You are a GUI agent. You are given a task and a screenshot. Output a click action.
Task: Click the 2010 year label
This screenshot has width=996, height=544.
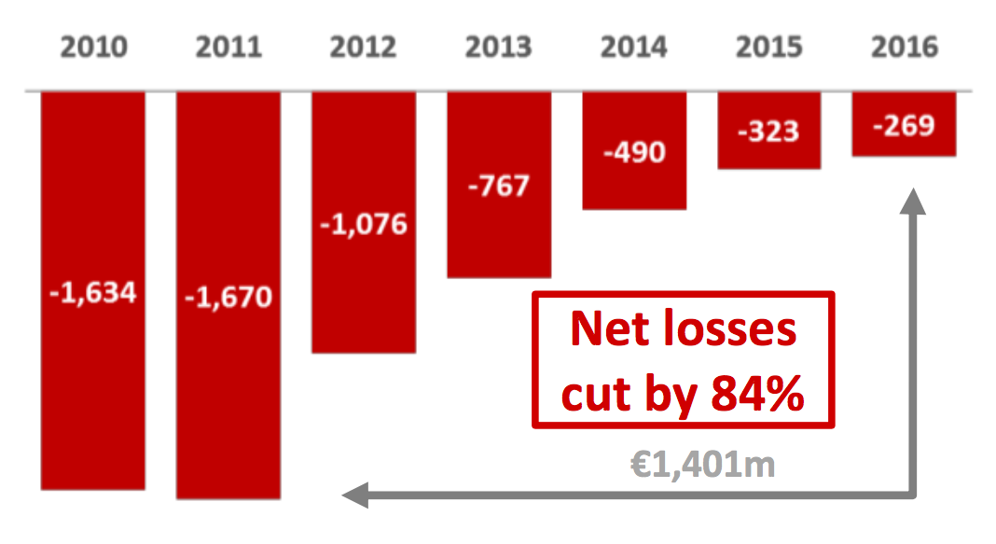(x=93, y=48)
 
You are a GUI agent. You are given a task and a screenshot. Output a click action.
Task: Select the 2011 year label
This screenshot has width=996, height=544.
(x=228, y=48)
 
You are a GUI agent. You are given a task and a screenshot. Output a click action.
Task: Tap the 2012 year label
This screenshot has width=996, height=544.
(x=364, y=48)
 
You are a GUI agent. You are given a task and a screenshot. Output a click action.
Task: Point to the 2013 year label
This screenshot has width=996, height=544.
(x=499, y=48)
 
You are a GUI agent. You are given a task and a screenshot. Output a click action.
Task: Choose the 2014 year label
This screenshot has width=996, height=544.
(x=634, y=48)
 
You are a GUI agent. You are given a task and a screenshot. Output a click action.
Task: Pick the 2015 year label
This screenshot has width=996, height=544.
(x=769, y=48)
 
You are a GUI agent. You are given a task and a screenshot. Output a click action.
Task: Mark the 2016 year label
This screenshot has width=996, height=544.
(x=905, y=48)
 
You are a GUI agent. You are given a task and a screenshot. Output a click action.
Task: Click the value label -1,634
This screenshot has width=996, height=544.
(x=93, y=293)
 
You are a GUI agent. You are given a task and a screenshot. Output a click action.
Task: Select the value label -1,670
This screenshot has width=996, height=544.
(x=228, y=298)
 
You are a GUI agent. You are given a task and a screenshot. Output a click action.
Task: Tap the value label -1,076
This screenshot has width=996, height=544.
(x=364, y=224)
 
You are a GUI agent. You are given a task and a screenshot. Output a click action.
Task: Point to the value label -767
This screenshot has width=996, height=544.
(x=499, y=185)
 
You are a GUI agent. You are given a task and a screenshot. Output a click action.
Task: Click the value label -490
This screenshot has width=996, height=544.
(x=634, y=151)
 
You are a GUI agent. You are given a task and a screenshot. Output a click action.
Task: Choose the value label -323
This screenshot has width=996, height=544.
(x=769, y=131)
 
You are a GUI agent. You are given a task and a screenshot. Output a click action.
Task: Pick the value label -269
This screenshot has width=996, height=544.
(x=905, y=124)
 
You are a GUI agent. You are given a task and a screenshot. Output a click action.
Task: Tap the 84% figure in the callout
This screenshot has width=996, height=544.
(x=756, y=396)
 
